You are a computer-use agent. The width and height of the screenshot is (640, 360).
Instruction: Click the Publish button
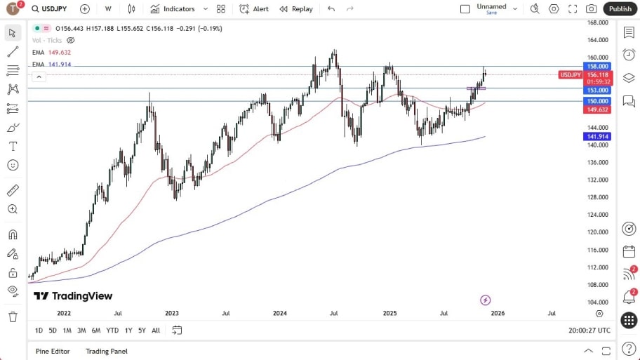pos(620,8)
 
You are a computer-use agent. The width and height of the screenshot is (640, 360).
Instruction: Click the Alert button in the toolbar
pos(254,8)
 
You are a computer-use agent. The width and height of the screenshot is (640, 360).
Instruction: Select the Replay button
pos(295,8)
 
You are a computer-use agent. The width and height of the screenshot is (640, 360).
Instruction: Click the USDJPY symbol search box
pos(53,8)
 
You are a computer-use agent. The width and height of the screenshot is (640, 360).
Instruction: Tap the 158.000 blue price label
pos(598,66)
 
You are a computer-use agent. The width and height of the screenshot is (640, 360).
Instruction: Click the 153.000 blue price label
pos(598,90)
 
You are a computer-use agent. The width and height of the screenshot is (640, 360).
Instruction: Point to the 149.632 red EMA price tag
pos(598,109)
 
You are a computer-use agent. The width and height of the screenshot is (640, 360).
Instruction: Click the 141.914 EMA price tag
pos(598,137)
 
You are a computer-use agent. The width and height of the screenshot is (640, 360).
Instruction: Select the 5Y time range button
pos(142,330)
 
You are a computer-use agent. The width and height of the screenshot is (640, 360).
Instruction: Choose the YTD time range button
pos(112,330)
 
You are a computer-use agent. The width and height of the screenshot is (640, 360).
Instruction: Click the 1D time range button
pos(39,330)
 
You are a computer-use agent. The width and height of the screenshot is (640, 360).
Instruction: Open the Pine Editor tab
pos(53,351)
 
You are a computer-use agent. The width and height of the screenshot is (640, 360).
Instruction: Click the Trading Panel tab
pos(107,351)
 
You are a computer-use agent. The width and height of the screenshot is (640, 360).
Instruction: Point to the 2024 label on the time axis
pos(279,313)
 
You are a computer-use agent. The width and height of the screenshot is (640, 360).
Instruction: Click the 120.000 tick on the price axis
pos(598,232)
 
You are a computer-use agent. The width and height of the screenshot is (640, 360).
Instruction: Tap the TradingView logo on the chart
pos(73,296)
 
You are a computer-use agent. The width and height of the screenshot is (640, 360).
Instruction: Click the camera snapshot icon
pos(592,8)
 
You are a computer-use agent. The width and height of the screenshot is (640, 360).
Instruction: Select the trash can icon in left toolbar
pos(13,316)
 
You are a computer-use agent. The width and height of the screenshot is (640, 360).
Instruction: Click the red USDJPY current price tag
pos(570,74)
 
